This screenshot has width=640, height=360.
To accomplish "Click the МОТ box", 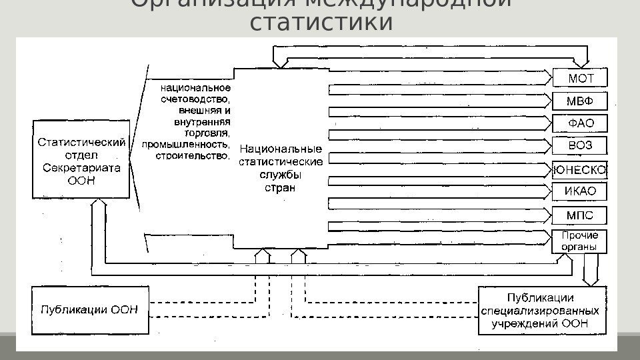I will click(x=580, y=78).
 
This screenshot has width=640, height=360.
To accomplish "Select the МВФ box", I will click(x=580, y=101).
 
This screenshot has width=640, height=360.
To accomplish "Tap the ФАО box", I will click(x=580, y=123).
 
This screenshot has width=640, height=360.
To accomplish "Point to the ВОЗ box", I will click(x=580, y=146).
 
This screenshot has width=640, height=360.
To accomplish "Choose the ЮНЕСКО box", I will click(x=580, y=170).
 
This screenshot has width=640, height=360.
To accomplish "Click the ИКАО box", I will click(x=580, y=192).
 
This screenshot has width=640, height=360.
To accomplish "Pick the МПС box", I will click(x=580, y=215).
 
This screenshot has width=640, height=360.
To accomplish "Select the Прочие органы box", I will click(x=580, y=241).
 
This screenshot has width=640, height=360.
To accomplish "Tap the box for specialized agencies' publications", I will click(x=542, y=311).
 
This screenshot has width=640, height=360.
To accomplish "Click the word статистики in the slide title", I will click(x=320, y=23).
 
